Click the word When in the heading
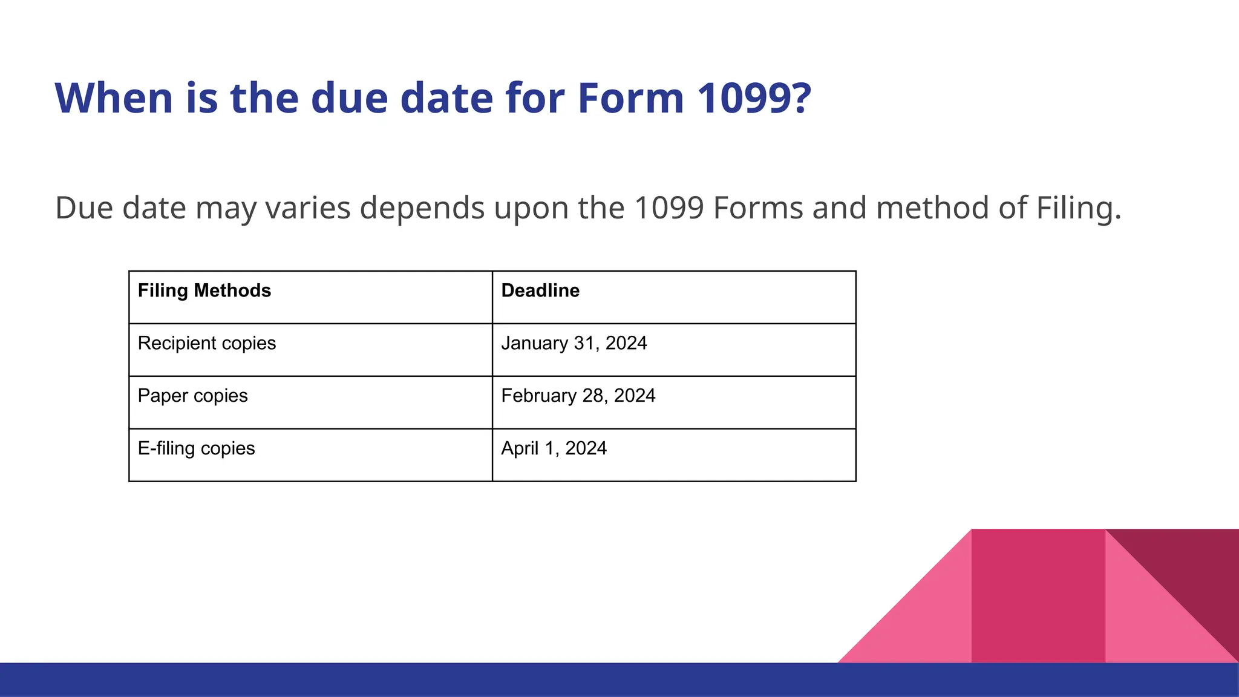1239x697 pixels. (114, 98)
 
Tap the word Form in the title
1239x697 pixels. (630, 98)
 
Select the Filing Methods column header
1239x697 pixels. (204, 291)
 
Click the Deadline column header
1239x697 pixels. (540, 291)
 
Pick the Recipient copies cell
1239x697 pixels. (207, 344)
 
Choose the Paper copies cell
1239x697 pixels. (193, 396)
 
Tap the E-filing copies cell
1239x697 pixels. (197, 448)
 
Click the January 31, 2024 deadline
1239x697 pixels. (574, 344)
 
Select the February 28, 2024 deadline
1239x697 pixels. (578, 396)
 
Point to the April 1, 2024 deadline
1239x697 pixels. (554, 448)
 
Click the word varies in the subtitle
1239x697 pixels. (308, 208)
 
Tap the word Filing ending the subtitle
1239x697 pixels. (1078, 208)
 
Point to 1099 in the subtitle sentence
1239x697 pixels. (669, 208)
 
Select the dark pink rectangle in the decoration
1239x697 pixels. (1038, 596)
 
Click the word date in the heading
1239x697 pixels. (446, 98)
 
